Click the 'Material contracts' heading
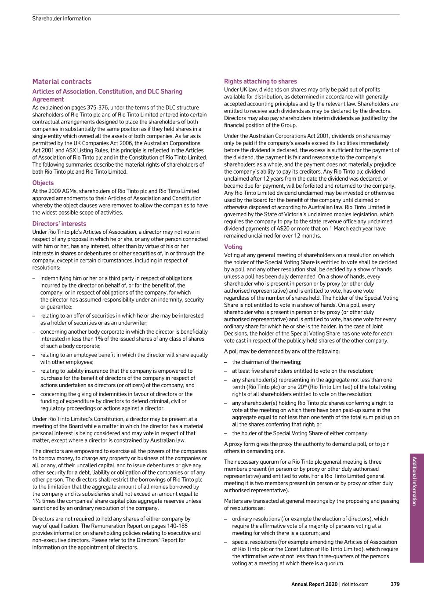pyautogui.click(x=62, y=82)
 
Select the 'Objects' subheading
pyautogui.click(x=43, y=183)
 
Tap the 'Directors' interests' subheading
pyautogui.click(x=59, y=224)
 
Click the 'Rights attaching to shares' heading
pyautogui.click(x=261, y=81)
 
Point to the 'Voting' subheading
pyautogui.click(x=233, y=247)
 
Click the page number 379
pyautogui.click(x=395, y=584)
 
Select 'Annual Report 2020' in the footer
pyautogui.click(x=314, y=584)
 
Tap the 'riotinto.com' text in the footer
pyautogui.click(x=355, y=584)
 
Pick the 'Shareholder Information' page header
pyautogui.click(x=62, y=18)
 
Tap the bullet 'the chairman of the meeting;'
pyautogui.click(x=267, y=362)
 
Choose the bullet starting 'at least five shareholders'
pyautogui.click(x=303, y=371)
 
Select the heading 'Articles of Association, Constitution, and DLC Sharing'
pyautogui.click(x=107, y=91)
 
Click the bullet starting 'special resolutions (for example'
pyautogui.click(x=314, y=542)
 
